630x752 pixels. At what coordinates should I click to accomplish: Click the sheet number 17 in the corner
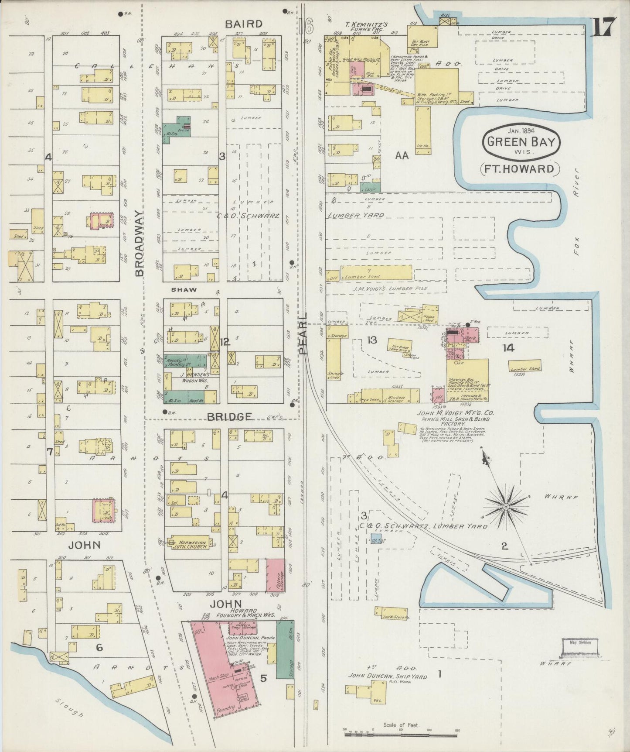pyautogui.click(x=604, y=27)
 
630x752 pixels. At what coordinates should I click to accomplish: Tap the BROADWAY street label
pyautogui.click(x=139, y=244)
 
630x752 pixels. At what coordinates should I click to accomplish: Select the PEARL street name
pyautogui.click(x=303, y=333)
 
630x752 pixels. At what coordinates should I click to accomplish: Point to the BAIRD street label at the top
pyautogui.click(x=244, y=24)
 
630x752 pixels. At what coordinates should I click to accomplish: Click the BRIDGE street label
pyautogui.click(x=229, y=417)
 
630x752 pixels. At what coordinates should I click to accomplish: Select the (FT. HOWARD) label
pyautogui.click(x=520, y=169)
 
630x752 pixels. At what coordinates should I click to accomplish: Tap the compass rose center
pyautogui.click(x=505, y=506)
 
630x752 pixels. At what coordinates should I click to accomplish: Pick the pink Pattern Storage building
pyautogui.click(x=275, y=575)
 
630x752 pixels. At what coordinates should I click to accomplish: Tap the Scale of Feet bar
pyautogui.click(x=401, y=734)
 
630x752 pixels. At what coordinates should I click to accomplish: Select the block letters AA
pyautogui.click(x=402, y=155)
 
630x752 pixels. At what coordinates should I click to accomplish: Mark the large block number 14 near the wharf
pyautogui.click(x=508, y=348)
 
